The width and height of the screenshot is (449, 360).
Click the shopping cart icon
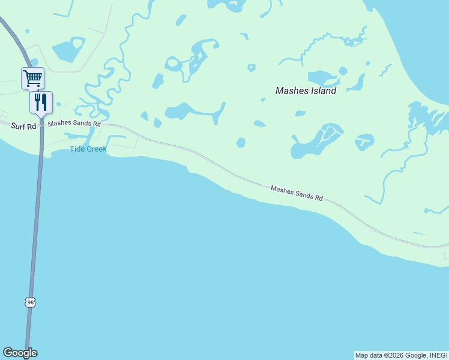[32, 77]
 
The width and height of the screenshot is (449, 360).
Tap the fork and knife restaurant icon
[41, 101]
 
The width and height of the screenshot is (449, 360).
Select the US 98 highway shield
[30, 303]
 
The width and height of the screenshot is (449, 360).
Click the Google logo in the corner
[20, 353]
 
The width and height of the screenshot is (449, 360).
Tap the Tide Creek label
[88, 149]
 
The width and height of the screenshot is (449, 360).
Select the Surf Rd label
[23, 126]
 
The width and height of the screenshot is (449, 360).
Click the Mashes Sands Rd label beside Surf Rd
[74, 124]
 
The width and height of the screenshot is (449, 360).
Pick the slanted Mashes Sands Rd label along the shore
[297, 193]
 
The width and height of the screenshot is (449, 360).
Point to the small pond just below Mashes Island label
[300, 113]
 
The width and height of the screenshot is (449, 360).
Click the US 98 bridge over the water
[35, 240]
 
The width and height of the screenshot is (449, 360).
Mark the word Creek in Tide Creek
[97, 149]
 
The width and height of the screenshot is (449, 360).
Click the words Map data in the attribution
[369, 356]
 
